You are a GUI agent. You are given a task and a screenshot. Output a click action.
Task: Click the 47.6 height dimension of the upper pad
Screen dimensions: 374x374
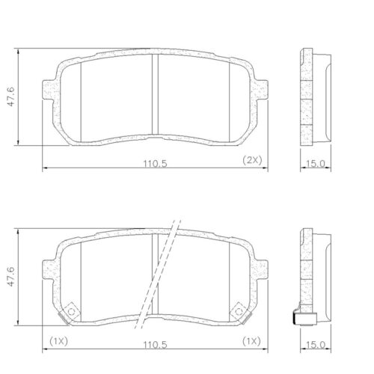point(9,96)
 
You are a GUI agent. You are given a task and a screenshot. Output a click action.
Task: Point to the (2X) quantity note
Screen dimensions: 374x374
point(251,160)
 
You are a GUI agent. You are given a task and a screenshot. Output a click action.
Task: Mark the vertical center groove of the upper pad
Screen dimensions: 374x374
point(153,96)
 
